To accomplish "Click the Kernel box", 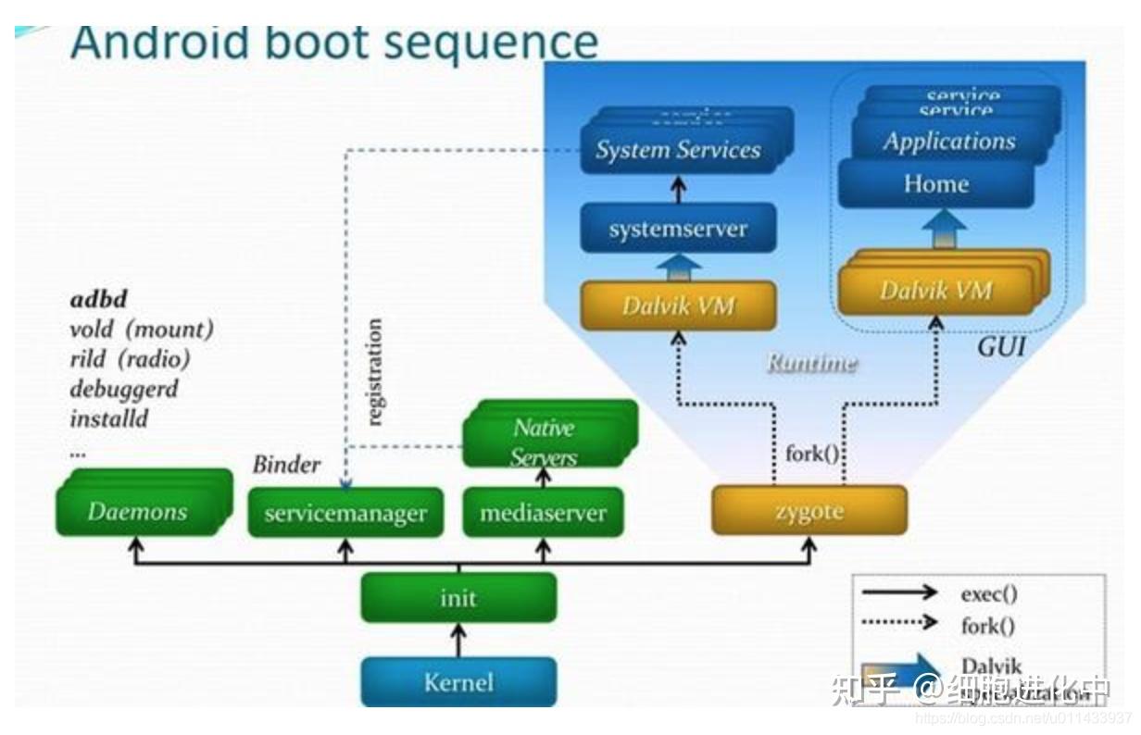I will coord(458,682).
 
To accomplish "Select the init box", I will coord(458,598).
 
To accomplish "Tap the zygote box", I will coord(809,511).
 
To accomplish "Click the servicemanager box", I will coord(345,513).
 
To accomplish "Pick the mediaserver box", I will coord(544,513).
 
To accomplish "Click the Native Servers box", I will coord(545,441).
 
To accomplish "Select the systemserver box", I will coord(678,229).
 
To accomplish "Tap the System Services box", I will coord(678,150).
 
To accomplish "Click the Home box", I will coord(935,183).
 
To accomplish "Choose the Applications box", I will coord(948,141).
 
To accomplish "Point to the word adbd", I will coord(98,299).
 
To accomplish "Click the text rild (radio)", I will coord(130,358).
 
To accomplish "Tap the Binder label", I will coord(286,464).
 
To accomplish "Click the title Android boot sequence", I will coord(333,43).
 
